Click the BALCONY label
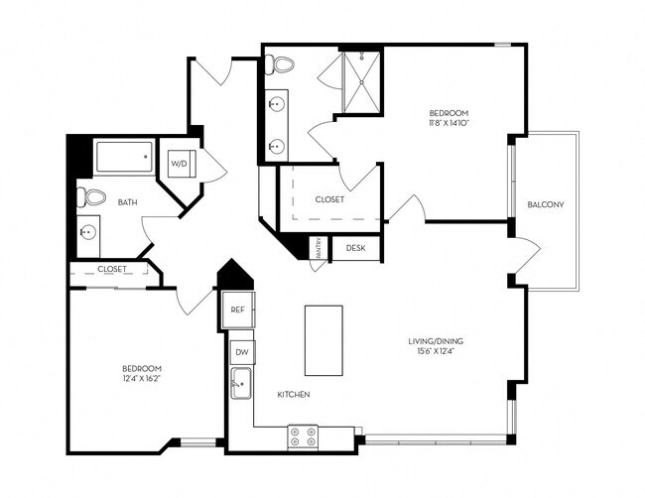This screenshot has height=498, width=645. click(546, 205)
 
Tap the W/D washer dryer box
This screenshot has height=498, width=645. click(181, 163)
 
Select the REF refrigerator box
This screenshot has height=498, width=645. click(237, 310)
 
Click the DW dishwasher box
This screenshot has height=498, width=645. click(241, 352)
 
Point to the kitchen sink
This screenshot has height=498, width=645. click(240, 382)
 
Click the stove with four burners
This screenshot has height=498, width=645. click(303, 437)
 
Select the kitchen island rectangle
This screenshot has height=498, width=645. click(322, 339)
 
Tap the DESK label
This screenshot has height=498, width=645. click(355, 247)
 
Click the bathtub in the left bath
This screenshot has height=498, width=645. click(124, 156)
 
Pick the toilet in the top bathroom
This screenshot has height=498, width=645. click(283, 66)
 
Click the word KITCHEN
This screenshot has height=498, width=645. click(294, 395)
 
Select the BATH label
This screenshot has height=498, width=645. click(128, 202)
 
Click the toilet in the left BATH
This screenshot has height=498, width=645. click(90, 196)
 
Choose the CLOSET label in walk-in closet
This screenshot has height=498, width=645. click(329, 199)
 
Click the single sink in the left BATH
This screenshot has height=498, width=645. click(89, 234)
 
